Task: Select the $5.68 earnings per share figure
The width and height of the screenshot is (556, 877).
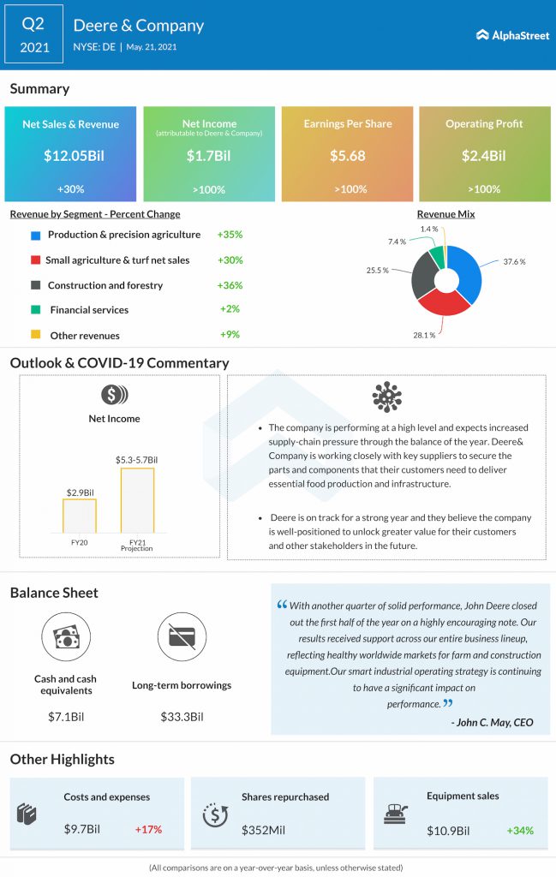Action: click(x=347, y=156)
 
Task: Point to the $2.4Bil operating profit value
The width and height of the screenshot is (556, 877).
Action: click(x=484, y=156)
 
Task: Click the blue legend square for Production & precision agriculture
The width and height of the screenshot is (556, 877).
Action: click(x=35, y=235)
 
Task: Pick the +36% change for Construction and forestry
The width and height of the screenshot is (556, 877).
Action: click(x=230, y=285)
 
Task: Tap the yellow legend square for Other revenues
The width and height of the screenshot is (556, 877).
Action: click(x=35, y=336)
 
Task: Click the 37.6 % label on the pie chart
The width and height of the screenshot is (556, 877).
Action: click(x=514, y=262)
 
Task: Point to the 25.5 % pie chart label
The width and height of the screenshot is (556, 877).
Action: click(x=378, y=271)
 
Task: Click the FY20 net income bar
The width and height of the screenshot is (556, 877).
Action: click(x=80, y=516)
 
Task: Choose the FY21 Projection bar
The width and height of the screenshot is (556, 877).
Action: click(x=137, y=500)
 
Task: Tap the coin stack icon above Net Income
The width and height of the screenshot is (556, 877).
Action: click(x=114, y=395)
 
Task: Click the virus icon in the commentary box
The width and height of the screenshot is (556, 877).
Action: click(x=387, y=397)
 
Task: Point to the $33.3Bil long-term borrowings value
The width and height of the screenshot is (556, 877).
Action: click(x=182, y=716)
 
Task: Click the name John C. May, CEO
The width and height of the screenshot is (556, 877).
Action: click(x=492, y=723)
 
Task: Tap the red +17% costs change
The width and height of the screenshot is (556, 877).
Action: click(x=148, y=829)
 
